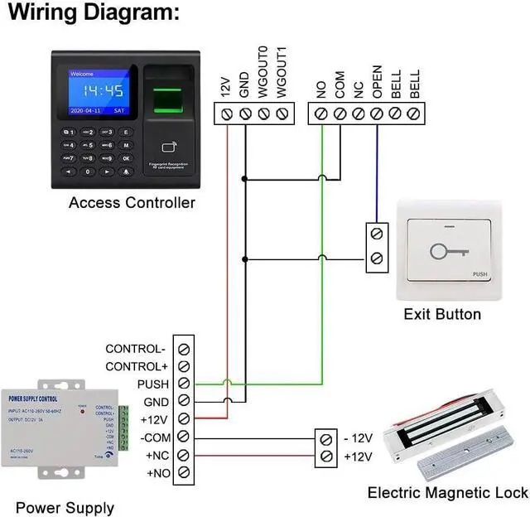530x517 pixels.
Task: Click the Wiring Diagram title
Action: click(x=94, y=13)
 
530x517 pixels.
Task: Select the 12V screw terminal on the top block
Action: click(x=228, y=113)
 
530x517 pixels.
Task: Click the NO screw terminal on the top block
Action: click(x=321, y=113)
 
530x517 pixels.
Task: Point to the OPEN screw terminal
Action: click(x=377, y=113)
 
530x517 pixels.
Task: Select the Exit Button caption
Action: click(x=442, y=314)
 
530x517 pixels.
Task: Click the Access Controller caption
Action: click(x=132, y=203)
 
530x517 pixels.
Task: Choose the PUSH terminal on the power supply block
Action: click(x=184, y=384)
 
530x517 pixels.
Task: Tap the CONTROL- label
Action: click(x=135, y=349)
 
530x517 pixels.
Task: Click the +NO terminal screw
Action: click(x=184, y=473)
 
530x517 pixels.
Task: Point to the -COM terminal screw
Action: click(x=184, y=437)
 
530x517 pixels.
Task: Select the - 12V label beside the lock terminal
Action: click(x=357, y=438)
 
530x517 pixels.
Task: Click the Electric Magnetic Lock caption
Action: click(x=447, y=494)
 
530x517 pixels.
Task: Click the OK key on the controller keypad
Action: click(x=126, y=157)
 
